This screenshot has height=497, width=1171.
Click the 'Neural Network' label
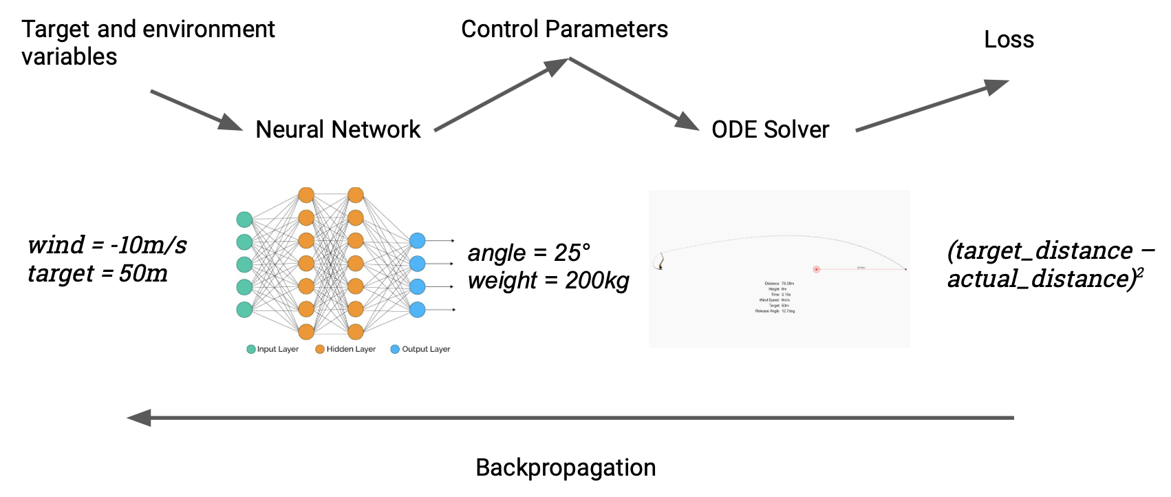pos(338,129)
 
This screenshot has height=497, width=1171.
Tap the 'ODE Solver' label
pos(771,129)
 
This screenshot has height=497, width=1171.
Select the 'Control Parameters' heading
pos(564,30)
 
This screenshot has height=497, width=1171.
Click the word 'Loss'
pos(1009,40)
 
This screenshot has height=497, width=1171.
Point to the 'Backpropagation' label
pos(566,468)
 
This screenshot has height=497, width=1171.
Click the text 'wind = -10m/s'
pos(107,245)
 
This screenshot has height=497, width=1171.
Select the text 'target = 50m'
pos(98,274)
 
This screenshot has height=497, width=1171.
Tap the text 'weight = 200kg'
pos(548,281)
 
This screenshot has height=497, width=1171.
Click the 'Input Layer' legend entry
pos(273,350)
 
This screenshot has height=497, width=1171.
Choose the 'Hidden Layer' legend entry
pos(346,350)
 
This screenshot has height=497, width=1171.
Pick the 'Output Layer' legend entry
pos(421,350)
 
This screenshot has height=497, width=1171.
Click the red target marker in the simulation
pos(817,269)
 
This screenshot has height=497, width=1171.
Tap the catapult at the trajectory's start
pos(660,262)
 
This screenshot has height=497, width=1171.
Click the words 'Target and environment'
pos(148,30)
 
